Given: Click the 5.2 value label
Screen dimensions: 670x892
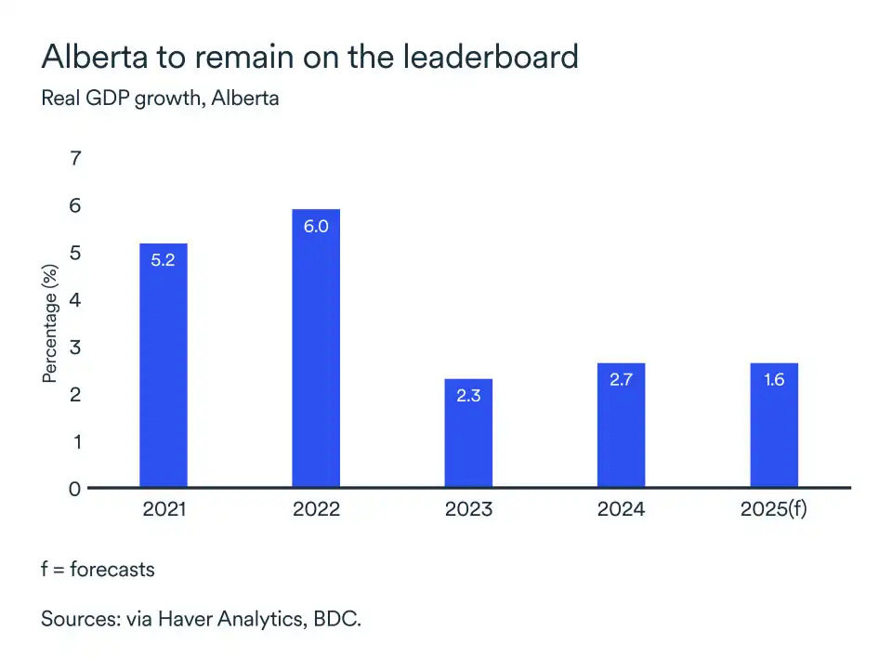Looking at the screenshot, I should (x=163, y=260).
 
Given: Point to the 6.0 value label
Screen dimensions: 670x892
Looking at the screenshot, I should (x=316, y=226).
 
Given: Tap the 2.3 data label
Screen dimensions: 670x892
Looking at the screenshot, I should (x=468, y=396).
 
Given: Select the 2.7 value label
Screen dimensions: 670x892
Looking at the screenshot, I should (x=621, y=380).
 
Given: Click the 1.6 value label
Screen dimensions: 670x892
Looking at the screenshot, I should (x=773, y=380).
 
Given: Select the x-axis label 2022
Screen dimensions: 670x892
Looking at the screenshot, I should (x=316, y=509).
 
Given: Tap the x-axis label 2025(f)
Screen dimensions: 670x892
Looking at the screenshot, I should (x=773, y=509).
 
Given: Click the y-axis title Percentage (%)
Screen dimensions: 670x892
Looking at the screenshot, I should (x=50, y=323).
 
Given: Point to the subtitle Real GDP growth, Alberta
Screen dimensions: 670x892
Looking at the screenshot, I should (x=160, y=98).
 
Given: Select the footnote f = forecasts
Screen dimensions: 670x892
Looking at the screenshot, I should (x=98, y=569).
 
